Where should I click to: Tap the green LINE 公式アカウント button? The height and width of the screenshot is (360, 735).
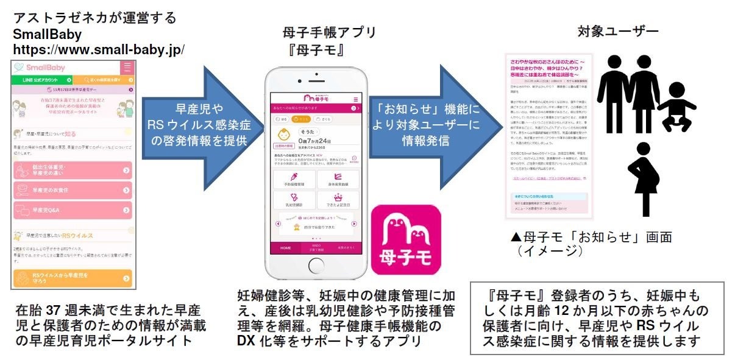click(x=41, y=80)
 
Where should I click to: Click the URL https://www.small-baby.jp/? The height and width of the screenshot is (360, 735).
click(x=99, y=48)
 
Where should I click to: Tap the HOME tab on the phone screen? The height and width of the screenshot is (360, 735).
click(x=285, y=248)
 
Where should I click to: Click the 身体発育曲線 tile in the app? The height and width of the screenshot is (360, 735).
click(x=338, y=180)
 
